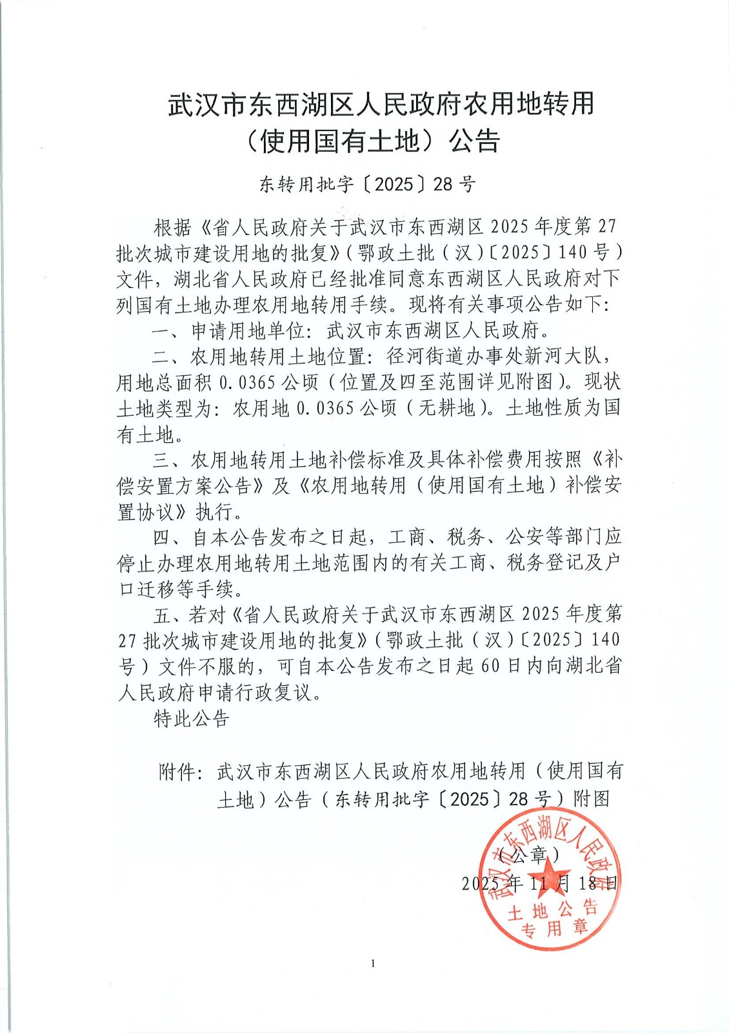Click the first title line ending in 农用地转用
(381, 105)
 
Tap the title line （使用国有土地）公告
(372, 141)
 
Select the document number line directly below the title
(367, 185)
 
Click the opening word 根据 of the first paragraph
(172, 227)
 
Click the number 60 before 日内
(491, 666)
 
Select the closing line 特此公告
(192, 719)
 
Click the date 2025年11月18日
(539, 883)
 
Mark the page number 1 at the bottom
(374, 964)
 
